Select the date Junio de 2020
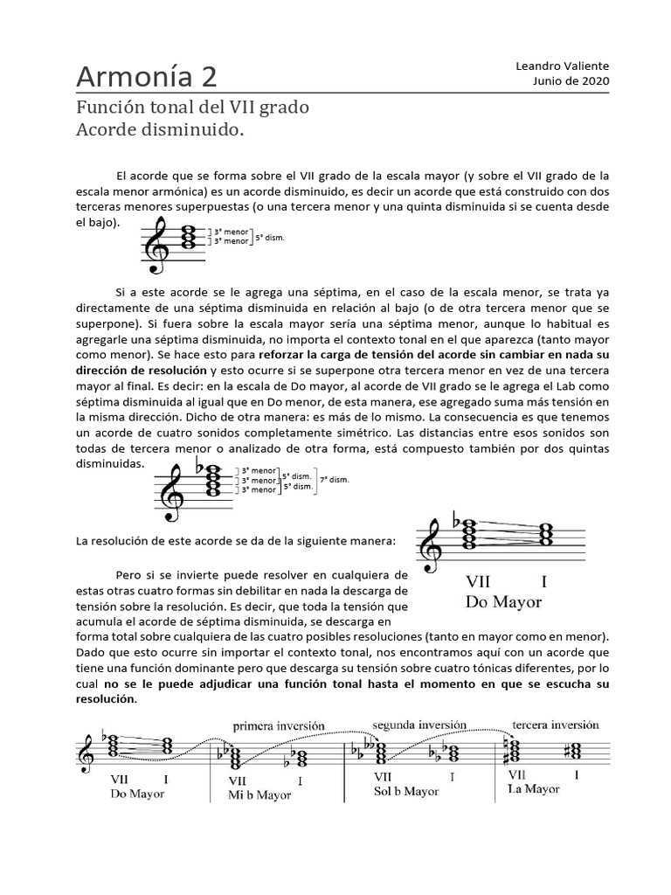571,80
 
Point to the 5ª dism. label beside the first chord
271,237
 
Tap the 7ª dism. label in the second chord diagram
335,480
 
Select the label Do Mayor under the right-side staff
503,602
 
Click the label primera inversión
279,725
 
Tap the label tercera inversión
555,725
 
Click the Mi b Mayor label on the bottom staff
260,795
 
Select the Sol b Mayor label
406,791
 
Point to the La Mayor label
534,788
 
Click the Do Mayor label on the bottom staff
138,794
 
